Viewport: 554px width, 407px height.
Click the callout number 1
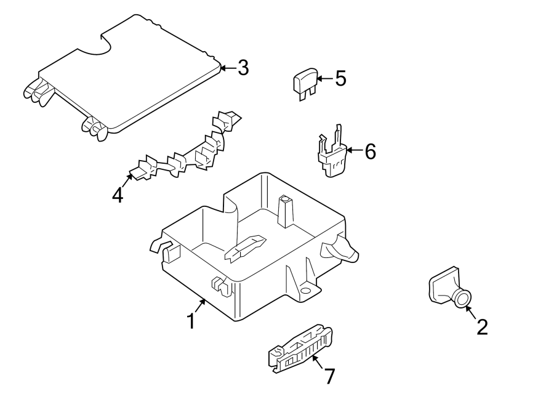[191, 321]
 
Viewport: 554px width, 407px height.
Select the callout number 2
[482, 327]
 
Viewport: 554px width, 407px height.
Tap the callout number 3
[243, 68]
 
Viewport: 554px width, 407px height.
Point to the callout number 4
[118, 195]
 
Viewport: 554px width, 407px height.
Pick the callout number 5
[340, 78]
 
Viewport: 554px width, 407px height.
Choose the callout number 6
[370, 151]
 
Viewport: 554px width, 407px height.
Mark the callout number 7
[329, 376]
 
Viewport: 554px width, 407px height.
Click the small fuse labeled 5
[305, 84]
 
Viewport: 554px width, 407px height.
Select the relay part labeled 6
[331, 151]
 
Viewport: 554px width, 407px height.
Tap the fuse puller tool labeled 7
[300, 349]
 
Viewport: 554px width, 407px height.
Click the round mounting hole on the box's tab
[305, 291]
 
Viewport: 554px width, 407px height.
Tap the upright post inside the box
[286, 211]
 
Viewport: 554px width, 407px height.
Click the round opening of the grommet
[462, 299]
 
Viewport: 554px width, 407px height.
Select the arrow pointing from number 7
[318, 361]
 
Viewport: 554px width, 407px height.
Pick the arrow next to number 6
[355, 150]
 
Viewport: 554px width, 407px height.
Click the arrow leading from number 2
[471, 312]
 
